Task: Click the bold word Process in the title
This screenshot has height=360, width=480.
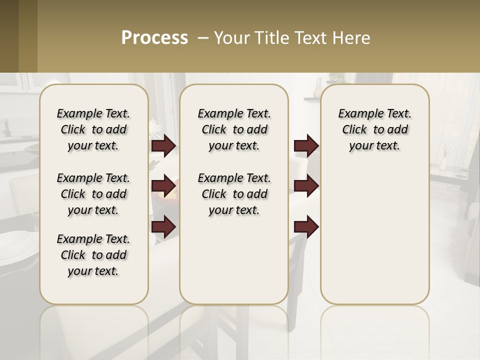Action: tap(154, 38)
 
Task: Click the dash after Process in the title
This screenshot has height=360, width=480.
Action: tap(203, 38)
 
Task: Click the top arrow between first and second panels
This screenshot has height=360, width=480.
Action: tap(163, 146)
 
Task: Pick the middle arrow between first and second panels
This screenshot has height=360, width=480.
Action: tap(163, 186)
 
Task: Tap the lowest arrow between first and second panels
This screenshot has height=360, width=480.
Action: tap(163, 227)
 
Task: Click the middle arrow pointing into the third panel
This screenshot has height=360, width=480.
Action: tap(306, 186)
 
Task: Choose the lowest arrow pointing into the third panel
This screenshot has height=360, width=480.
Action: tap(306, 227)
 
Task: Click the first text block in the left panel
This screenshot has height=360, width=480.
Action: tap(93, 129)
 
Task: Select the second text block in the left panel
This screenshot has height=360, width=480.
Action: tap(93, 194)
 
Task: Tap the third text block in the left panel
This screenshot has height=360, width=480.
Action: tap(93, 255)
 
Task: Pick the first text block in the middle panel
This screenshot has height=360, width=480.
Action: tap(234, 129)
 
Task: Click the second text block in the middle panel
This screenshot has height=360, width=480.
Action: tap(234, 194)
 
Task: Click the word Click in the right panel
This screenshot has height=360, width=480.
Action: tap(354, 130)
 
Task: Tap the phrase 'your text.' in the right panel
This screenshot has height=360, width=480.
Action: tap(374, 146)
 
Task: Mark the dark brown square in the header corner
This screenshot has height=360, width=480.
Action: tap(9, 36)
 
